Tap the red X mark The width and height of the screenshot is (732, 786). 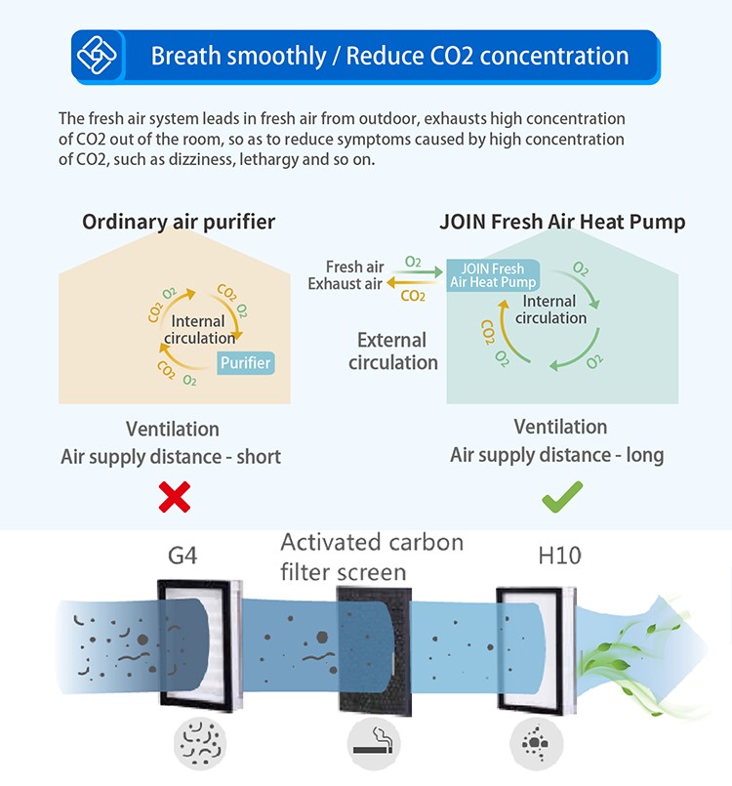tap(174, 498)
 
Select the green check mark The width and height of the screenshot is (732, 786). tap(561, 498)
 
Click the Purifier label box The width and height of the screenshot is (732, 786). tap(245, 363)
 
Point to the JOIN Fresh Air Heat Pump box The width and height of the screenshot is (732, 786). tap(493, 275)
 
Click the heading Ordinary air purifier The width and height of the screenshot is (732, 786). tap(179, 222)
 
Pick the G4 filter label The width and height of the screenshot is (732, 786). tap(182, 556)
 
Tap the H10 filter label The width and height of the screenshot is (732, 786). tap(559, 556)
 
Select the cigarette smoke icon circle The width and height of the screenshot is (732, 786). tap(373, 747)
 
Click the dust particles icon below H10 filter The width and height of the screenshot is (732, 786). tap(535, 747)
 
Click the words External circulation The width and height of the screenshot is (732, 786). tap(392, 352)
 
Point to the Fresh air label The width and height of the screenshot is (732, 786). tap(354, 267)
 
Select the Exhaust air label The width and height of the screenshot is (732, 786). tap(346, 284)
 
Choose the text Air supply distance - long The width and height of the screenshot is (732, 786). tap(556, 455)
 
